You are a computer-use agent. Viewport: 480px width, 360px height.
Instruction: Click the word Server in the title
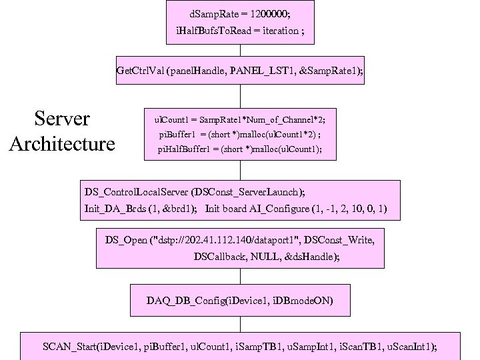tap(62, 119)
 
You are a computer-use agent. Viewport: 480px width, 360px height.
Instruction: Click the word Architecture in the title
tap(62, 143)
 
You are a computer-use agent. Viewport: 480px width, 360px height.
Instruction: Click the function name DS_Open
tap(127, 239)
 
